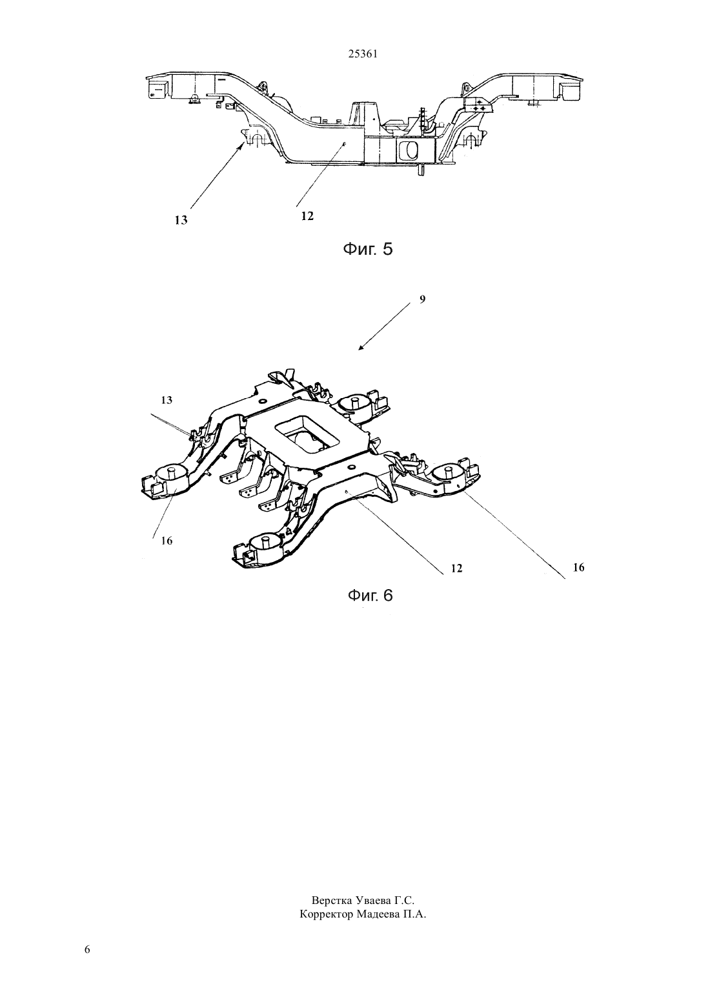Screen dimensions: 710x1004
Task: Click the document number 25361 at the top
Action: (x=363, y=54)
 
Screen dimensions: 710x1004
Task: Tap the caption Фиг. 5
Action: (x=367, y=249)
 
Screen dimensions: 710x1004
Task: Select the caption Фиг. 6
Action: (x=370, y=595)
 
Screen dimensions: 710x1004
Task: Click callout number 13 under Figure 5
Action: (x=181, y=220)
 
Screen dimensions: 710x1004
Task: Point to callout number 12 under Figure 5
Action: (x=307, y=216)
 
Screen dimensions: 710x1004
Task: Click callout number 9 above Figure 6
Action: (x=423, y=299)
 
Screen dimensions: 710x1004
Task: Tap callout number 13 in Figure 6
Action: (x=167, y=400)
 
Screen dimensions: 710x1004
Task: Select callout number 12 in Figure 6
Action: (x=456, y=568)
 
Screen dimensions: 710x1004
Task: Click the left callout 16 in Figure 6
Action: (x=167, y=541)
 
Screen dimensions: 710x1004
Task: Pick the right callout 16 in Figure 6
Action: (x=579, y=567)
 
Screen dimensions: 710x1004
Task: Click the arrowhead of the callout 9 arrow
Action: (x=360, y=348)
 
